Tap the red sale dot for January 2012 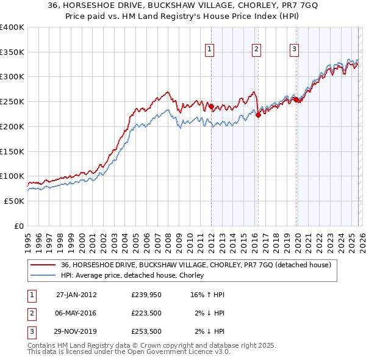212,106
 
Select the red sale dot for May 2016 258,114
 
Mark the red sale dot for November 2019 296,99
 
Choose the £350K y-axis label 12,52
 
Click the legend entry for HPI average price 132,275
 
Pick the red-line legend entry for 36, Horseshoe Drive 195,265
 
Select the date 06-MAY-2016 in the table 76,314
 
